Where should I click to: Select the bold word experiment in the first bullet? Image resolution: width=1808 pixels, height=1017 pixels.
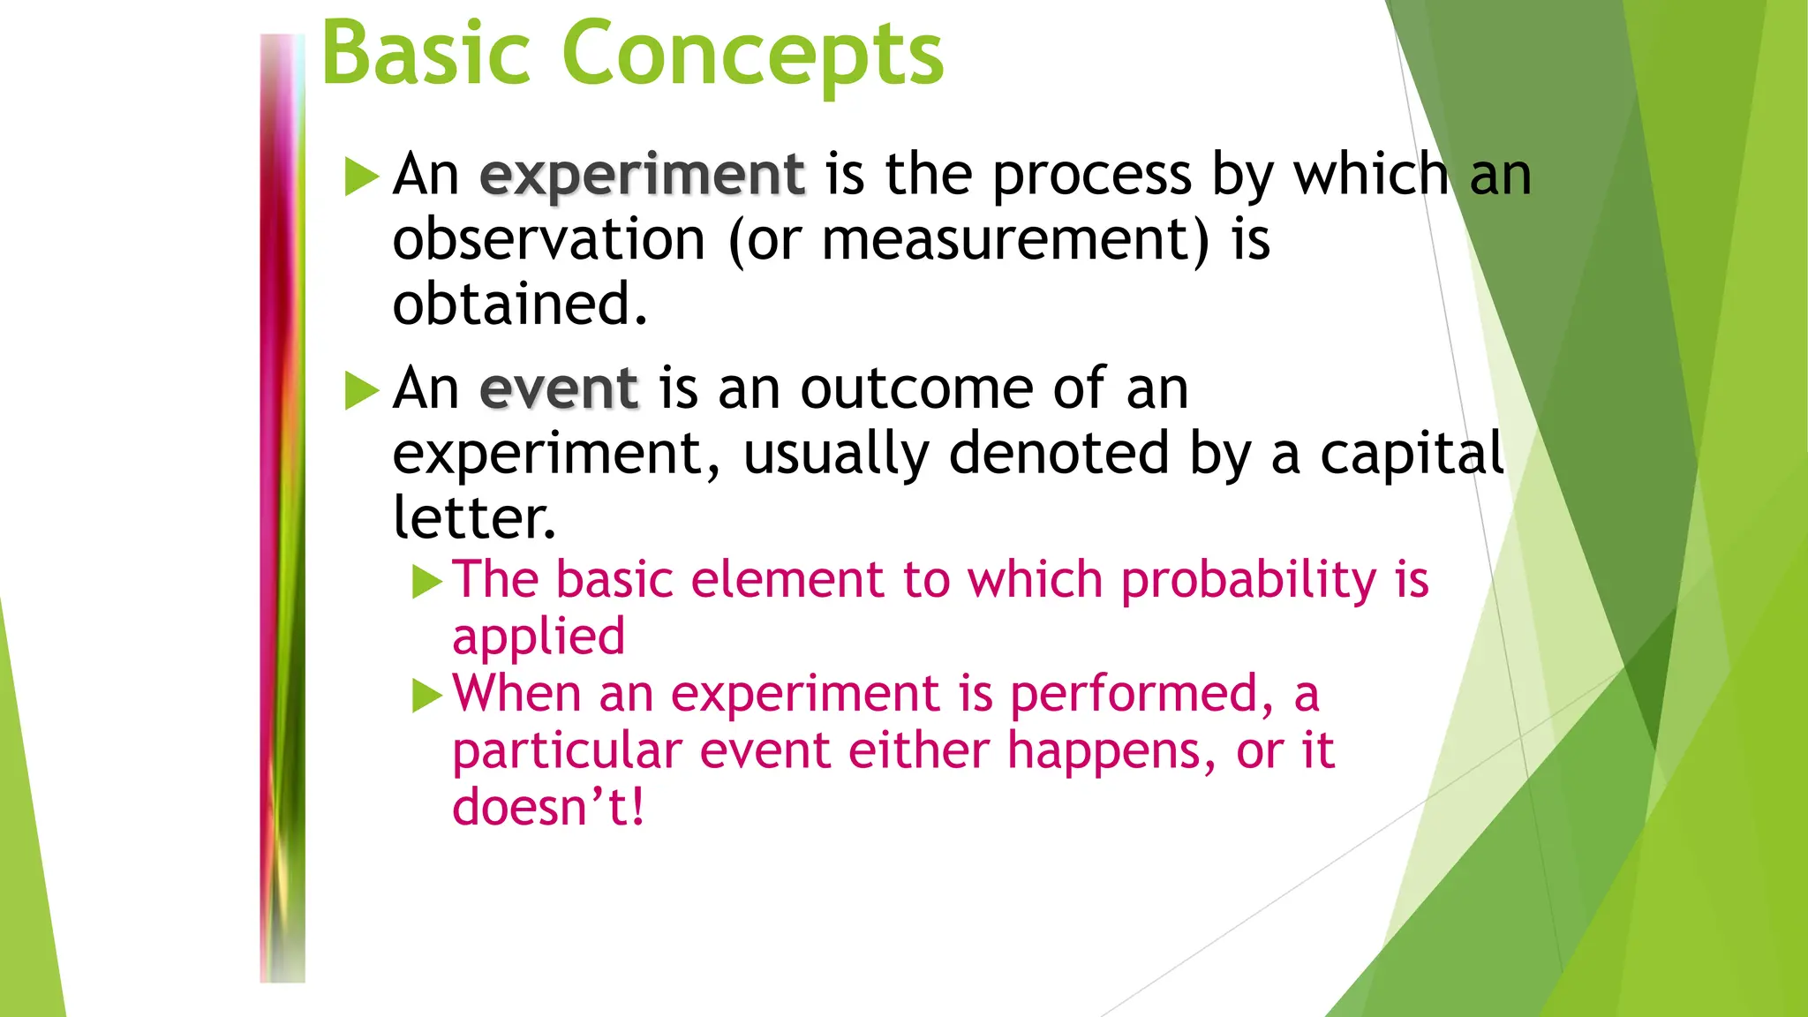click(x=642, y=175)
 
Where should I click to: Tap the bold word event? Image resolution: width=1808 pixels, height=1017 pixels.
click(x=559, y=388)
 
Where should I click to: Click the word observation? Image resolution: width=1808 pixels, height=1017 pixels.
click(x=548, y=240)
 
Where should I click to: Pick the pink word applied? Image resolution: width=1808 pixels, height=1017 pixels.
click(x=539, y=637)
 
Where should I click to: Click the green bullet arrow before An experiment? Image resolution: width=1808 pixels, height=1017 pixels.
click(x=361, y=176)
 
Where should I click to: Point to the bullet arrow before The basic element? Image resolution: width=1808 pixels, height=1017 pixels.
click(x=427, y=583)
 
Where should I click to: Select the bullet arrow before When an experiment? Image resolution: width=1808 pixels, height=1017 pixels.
click(x=427, y=697)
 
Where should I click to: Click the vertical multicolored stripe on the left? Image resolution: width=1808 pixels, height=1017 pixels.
click(x=282, y=508)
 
